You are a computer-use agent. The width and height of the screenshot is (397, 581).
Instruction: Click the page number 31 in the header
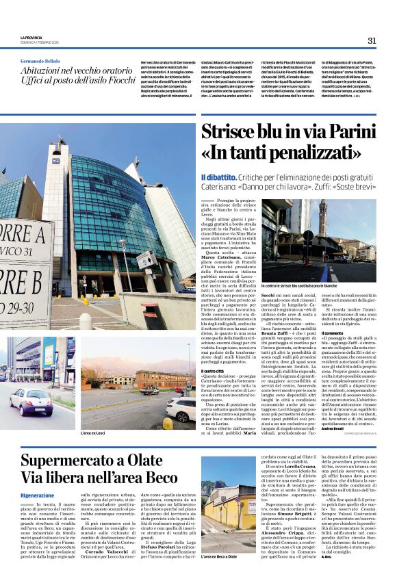pyautogui.click(x=372, y=40)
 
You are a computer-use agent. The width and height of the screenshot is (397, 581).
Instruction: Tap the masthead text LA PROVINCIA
pyautogui.click(x=31, y=36)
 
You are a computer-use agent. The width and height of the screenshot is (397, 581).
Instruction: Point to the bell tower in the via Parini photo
pyautogui.click(x=322, y=219)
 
